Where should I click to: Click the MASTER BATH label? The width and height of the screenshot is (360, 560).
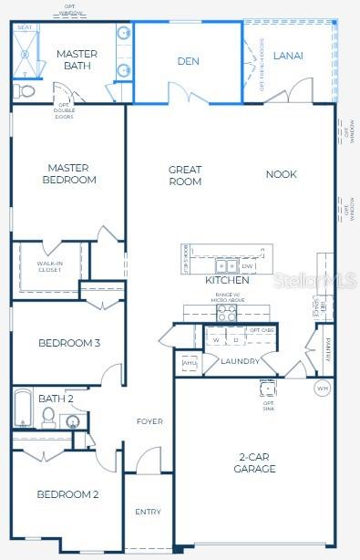click(x=77, y=60)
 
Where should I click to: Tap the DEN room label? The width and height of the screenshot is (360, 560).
click(x=188, y=61)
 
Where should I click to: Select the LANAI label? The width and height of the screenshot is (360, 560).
click(x=288, y=56)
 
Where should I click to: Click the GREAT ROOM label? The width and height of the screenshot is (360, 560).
click(x=185, y=175)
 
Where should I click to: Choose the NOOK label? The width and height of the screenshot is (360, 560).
click(x=281, y=174)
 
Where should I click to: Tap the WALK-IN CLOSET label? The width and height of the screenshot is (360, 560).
click(x=50, y=267)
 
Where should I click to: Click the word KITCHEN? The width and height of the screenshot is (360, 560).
click(x=227, y=280)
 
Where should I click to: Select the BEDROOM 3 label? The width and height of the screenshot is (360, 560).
click(x=68, y=343)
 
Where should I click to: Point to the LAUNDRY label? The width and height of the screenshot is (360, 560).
click(x=241, y=361)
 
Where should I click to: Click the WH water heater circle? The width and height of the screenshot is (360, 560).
click(x=321, y=388)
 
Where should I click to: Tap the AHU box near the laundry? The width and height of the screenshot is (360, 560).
click(x=190, y=363)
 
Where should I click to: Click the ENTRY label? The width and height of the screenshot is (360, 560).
click(x=148, y=512)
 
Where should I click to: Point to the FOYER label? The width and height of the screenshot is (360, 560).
click(x=149, y=421)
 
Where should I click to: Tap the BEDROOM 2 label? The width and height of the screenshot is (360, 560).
click(x=67, y=494)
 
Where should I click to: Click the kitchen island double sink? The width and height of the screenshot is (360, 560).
click(x=226, y=266)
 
